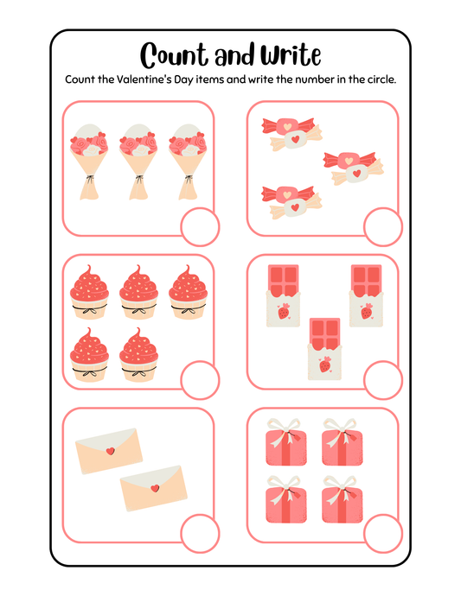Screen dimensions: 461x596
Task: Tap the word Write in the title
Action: tap(291, 54)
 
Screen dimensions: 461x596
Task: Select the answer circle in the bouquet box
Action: tap(200, 227)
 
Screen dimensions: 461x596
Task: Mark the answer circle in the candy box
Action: tap(383, 227)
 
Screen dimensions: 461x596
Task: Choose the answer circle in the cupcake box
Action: tap(200, 380)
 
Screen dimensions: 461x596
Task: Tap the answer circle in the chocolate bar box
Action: tap(383, 380)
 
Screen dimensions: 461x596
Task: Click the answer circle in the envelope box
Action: tap(200, 533)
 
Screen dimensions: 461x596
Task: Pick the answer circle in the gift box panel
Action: tap(383, 533)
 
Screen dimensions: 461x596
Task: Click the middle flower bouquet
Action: tap(138, 162)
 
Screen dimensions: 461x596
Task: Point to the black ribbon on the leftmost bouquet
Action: tap(89, 178)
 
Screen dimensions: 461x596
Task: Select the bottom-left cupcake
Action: tap(89, 355)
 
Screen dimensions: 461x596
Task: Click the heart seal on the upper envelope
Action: tap(111, 451)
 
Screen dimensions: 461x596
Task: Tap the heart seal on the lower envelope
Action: tap(155, 488)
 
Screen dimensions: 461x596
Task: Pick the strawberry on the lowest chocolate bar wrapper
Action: tap(325, 365)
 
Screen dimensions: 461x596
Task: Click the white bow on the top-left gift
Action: tap(284, 430)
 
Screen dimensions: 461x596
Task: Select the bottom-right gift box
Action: tap(343, 500)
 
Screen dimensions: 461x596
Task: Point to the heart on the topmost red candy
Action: tap(288, 125)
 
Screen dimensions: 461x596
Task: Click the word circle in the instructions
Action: tap(381, 79)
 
